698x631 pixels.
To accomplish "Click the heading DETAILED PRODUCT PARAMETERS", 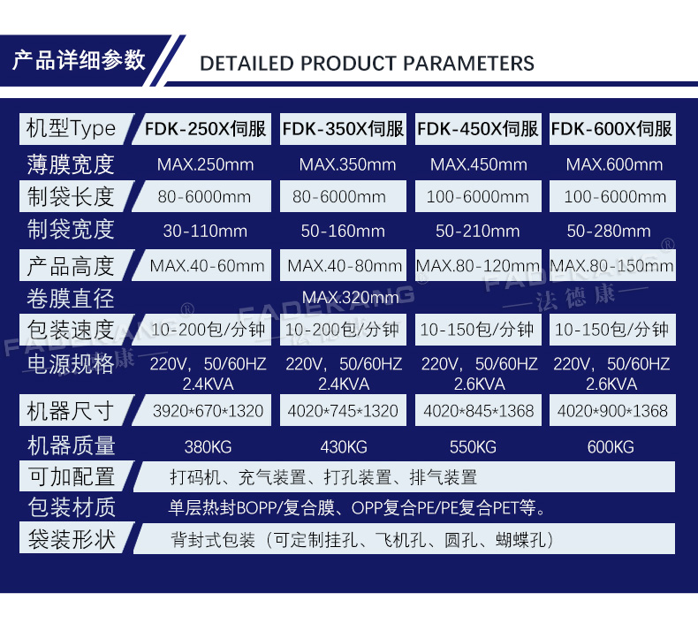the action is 367,64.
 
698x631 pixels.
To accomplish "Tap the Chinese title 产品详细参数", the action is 79,60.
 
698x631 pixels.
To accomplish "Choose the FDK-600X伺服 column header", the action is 611,129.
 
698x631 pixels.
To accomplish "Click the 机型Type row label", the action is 71,129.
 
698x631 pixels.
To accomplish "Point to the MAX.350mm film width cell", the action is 347,164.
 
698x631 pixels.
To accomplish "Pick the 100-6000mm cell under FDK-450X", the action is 478,196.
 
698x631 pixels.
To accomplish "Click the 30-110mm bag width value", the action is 205,231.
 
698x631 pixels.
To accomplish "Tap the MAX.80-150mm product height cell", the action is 611,266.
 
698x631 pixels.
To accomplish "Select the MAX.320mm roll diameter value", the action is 351,297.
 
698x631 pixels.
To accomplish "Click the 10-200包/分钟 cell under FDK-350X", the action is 342,330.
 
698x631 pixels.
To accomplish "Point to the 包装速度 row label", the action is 71,330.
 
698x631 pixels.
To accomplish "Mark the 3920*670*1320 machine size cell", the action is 208,411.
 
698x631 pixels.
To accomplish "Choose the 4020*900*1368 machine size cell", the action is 612,411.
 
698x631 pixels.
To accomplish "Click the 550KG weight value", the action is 473,446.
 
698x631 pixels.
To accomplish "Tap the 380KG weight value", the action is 208,446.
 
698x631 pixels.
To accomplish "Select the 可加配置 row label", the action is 72,476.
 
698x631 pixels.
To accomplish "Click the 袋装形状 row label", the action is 72,539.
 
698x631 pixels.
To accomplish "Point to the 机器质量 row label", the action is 72,445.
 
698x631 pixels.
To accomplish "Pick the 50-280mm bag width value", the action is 609,231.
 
